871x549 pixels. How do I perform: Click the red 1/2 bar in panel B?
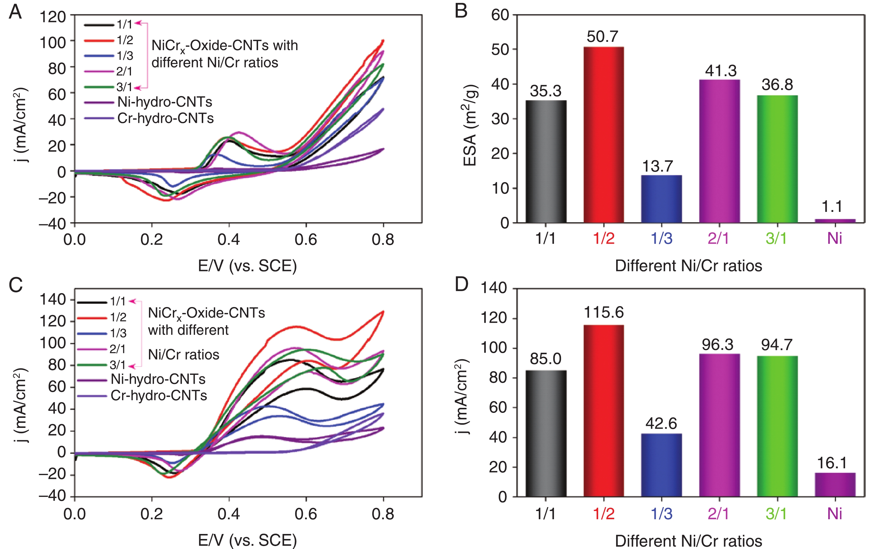[603, 134]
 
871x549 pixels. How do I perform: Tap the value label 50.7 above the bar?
[603, 37]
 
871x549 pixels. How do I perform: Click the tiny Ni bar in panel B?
[835, 220]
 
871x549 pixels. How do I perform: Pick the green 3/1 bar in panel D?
[777, 426]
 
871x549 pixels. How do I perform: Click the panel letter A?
[15, 12]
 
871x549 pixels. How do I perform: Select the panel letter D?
[462, 284]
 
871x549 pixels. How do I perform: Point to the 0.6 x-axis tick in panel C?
[306, 514]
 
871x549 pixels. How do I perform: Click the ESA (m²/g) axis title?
[470, 125]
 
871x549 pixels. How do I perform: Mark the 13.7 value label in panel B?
[657, 166]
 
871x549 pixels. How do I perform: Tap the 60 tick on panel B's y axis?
[500, 15]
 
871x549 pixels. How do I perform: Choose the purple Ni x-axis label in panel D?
[835, 514]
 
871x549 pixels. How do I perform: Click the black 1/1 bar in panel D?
[546, 433]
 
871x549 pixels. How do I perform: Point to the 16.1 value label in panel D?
[832, 463]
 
